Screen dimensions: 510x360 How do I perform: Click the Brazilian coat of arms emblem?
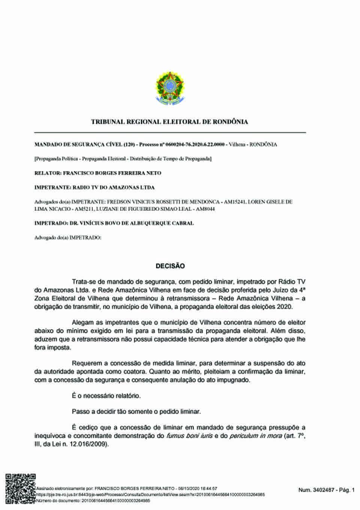[x=170, y=87]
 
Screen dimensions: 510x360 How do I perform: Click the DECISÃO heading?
[x=170, y=266]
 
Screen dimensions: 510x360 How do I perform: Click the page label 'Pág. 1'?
[x=347, y=490]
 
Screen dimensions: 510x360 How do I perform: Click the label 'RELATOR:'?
[x=48, y=173]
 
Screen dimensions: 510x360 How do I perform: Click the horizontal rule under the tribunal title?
[x=170, y=132]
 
